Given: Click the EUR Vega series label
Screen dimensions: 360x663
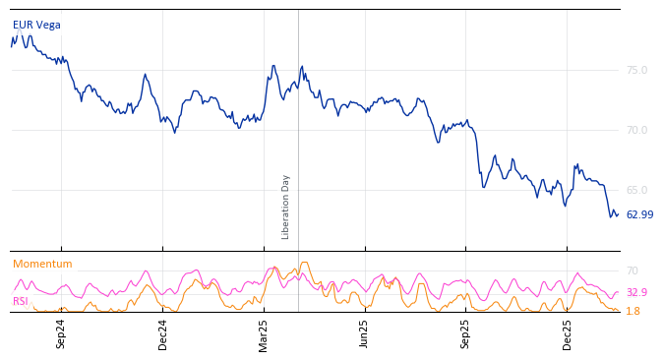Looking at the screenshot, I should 36,25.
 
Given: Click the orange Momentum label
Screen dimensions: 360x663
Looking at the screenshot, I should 42,264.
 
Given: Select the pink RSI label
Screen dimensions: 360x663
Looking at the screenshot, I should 21,301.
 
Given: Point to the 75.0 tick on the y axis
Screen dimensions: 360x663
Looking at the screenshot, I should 636,70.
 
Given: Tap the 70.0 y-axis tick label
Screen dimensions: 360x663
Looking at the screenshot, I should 636,130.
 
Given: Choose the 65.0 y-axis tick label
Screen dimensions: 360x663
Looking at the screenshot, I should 636,190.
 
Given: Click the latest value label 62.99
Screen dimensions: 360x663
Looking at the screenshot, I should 639,214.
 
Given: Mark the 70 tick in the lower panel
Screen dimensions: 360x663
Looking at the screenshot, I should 633,270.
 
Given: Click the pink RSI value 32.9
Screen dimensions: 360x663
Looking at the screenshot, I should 636,292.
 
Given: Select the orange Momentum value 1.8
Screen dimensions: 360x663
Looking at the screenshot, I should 633,311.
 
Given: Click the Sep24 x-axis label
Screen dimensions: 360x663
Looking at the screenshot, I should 61,333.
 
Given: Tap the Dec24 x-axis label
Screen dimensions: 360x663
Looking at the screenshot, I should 163,333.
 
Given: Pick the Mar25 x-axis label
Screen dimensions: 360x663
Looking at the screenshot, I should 264,333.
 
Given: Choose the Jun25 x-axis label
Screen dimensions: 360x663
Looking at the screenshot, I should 364,333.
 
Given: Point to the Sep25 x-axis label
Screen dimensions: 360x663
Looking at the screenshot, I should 465,333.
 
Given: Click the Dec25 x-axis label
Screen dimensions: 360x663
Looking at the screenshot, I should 567,333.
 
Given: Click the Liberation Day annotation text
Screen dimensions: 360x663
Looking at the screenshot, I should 286,207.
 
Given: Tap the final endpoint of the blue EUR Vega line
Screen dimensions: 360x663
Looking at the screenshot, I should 618,214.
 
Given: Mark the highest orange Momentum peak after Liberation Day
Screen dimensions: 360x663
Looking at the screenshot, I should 305,263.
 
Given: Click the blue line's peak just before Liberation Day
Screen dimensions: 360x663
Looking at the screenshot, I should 273,66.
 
